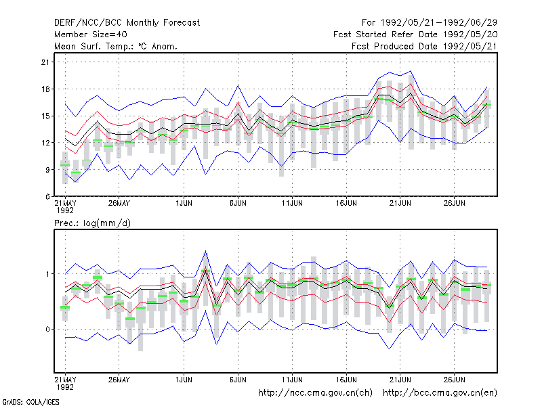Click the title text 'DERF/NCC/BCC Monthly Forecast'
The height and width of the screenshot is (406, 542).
pyautogui.click(x=127, y=23)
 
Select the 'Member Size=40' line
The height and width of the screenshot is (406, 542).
pyautogui.click(x=91, y=35)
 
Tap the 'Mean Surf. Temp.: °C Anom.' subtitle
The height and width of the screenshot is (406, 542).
pyautogui.click(x=116, y=46)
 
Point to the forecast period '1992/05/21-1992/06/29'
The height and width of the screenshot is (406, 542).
pyautogui.click(x=438, y=23)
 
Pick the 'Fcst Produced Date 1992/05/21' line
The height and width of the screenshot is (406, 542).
pyautogui.click(x=425, y=46)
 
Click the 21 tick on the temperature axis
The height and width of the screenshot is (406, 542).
pyautogui.click(x=45, y=62)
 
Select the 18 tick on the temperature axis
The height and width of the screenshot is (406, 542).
pyautogui.click(x=45, y=89)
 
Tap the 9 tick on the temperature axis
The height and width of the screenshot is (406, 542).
pyautogui.click(x=47, y=170)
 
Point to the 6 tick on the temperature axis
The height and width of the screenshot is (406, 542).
pyautogui.click(x=47, y=196)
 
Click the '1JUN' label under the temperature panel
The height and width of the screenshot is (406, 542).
pyautogui.click(x=184, y=204)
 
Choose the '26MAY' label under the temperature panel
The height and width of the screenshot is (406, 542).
pyautogui.click(x=119, y=204)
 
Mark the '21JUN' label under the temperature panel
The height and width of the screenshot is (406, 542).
pyautogui.click(x=400, y=204)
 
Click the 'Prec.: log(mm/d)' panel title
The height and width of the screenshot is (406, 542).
pyautogui.click(x=92, y=223)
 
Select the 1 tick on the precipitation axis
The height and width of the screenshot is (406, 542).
pyautogui.click(x=47, y=274)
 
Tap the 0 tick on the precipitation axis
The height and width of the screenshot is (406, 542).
pyautogui.click(x=47, y=330)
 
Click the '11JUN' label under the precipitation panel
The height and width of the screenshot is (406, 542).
pyautogui.click(x=292, y=380)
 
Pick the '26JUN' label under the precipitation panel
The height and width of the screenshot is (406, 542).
pyautogui.click(x=454, y=380)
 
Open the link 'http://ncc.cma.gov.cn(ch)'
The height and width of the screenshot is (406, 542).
pyautogui.click(x=315, y=393)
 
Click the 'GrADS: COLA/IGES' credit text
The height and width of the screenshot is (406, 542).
pyautogui.click(x=31, y=402)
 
